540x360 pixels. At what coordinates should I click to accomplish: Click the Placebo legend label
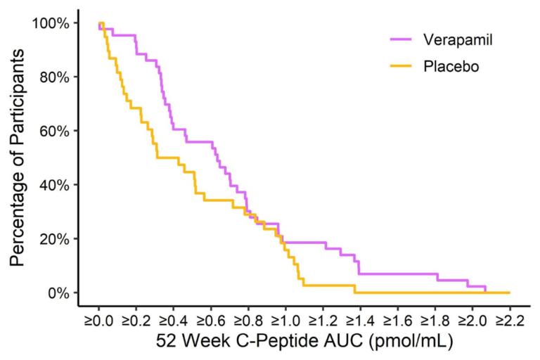[447, 67]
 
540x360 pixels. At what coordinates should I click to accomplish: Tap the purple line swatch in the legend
[404, 39]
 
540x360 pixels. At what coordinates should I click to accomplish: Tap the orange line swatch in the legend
[404, 67]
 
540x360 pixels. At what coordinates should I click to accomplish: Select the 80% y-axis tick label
[54, 77]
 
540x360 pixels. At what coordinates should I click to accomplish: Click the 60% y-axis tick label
[54, 131]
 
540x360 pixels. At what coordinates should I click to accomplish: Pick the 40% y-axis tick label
[54, 185]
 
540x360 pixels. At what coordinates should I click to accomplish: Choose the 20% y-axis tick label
[54, 239]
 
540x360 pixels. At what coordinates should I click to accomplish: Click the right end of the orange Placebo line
[508, 292]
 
